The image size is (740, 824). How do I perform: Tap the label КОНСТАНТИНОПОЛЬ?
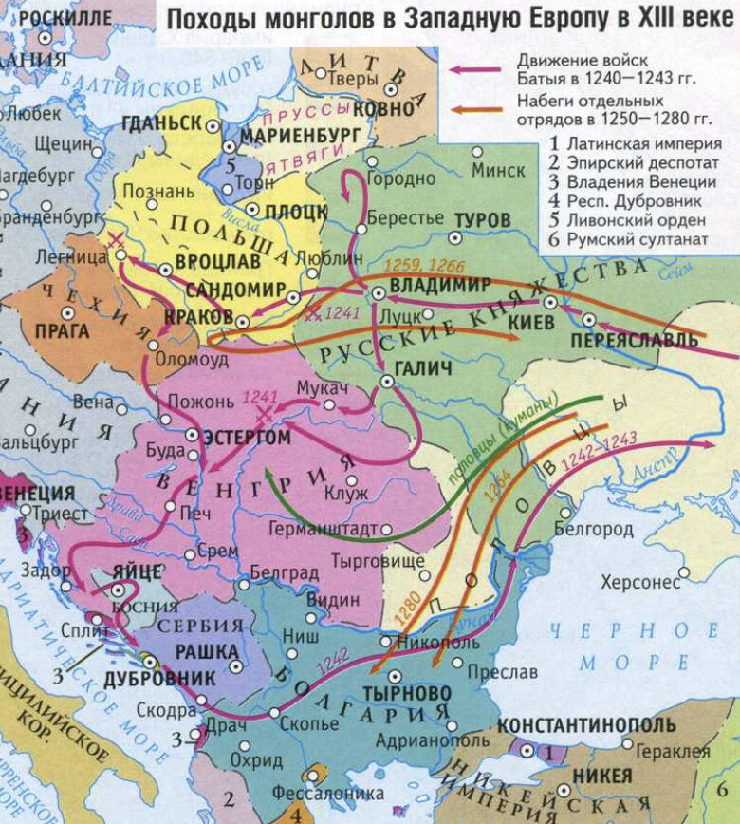[x=586, y=725]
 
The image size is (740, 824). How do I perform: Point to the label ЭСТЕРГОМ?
[x=246, y=438]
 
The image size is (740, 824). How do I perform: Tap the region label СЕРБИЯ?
[x=194, y=627]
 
